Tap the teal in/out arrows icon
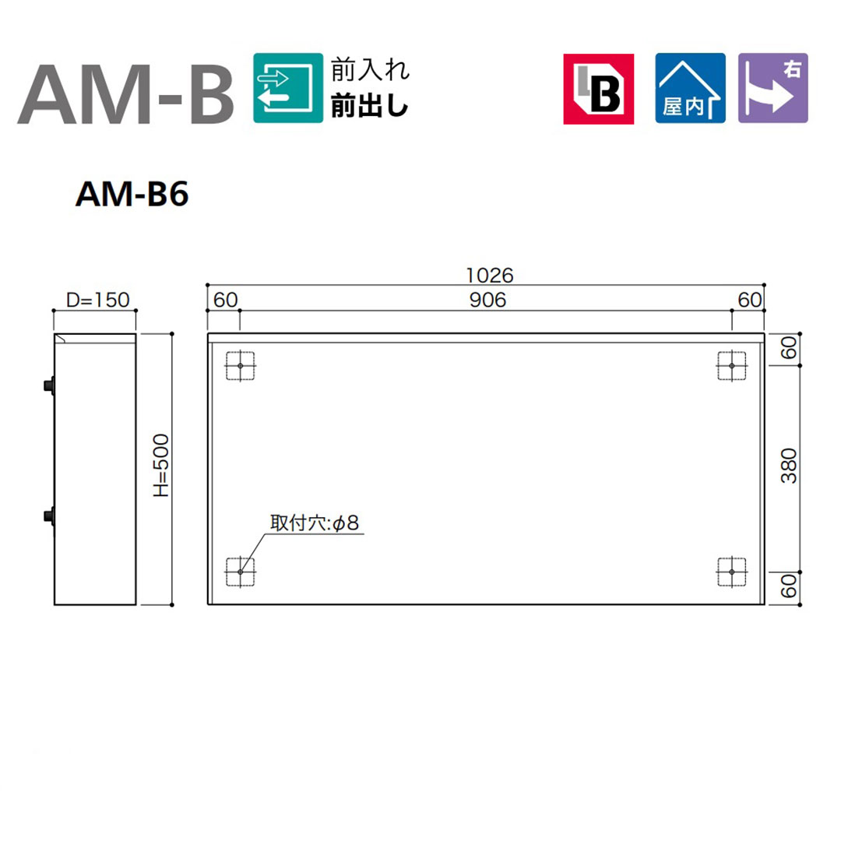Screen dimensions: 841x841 point(288,87)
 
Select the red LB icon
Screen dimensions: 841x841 point(599,88)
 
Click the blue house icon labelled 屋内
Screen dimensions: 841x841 point(690,88)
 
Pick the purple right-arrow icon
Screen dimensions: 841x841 point(773,88)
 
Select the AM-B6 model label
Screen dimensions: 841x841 point(132,196)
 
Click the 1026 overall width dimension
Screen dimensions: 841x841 point(491,275)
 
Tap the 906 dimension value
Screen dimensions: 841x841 point(488,300)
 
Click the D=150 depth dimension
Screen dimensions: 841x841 point(97,300)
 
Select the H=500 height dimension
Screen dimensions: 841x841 point(161,468)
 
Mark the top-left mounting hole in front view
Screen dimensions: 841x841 point(241,366)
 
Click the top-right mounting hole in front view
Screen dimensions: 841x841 point(732,366)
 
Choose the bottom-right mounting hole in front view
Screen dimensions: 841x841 point(732,572)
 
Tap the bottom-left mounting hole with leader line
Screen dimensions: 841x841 point(241,572)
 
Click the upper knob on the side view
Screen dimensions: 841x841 point(50,385)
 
